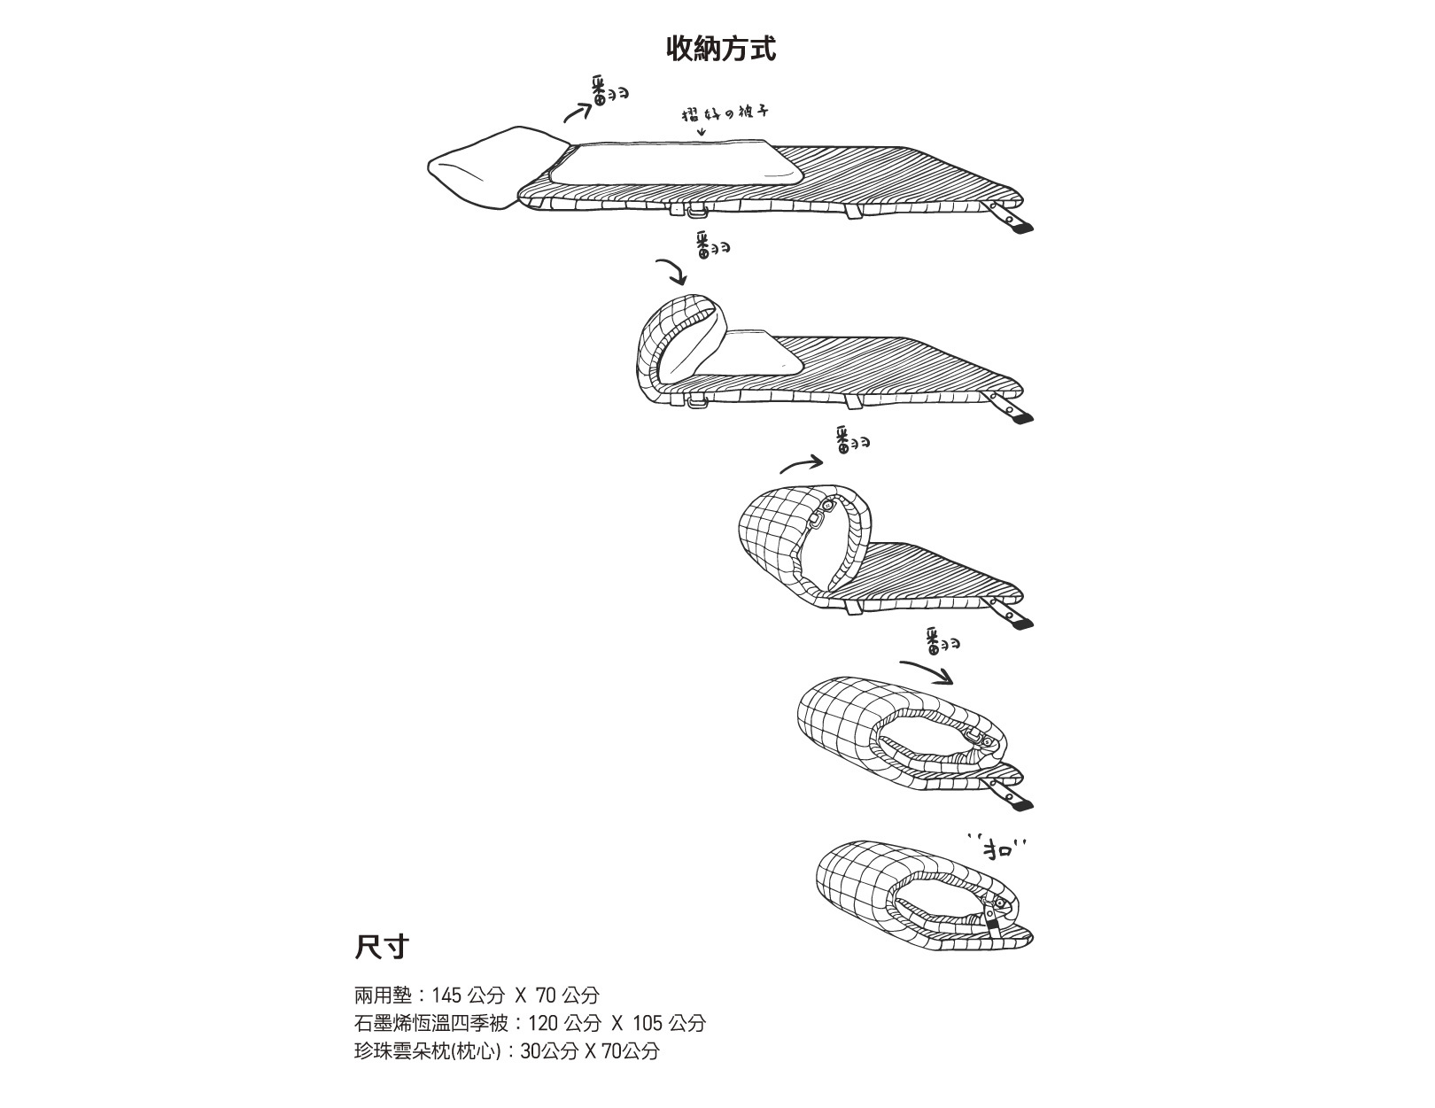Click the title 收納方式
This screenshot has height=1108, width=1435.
coord(721,49)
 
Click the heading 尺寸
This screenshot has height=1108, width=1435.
coord(381,946)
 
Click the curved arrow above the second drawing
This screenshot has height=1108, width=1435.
coord(671,271)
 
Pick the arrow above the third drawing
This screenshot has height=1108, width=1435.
coord(802,463)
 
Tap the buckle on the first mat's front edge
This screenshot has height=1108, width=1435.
coord(694,211)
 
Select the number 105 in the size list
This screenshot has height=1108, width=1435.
coord(647,1023)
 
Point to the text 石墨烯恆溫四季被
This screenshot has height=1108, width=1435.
coord(431,1023)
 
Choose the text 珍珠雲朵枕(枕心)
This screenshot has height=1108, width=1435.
coord(428,1051)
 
